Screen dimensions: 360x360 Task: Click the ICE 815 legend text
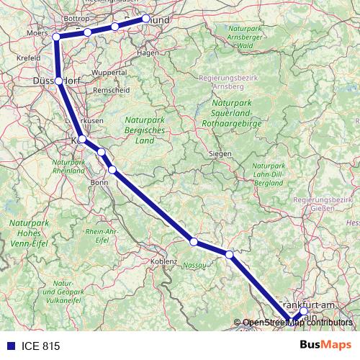tap(41, 346)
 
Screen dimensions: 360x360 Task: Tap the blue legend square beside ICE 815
tap(10, 346)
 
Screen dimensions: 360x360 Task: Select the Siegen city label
tap(220, 154)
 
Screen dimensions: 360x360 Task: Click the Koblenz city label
tap(164, 261)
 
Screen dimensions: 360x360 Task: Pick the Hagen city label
tap(148, 53)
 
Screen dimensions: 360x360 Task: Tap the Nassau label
tap(194, 265)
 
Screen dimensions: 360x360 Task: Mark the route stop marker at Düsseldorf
tap(59, 81)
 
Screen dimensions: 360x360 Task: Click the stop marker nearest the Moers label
tap(56, 37)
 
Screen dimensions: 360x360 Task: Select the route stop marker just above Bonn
tap(112, 169)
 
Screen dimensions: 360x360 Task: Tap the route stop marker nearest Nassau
tap(194, 241)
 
